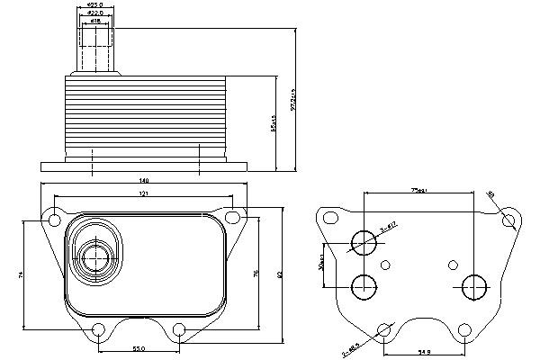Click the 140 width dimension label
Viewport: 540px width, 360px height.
click(x=145, y=182)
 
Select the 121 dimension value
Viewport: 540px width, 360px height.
click(x=144, y=194)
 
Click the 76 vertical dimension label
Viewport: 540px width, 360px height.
click(x=256, y=274)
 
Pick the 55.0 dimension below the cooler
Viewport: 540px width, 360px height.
click(x=139, y=347)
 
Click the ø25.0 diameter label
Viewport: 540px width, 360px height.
click(x=94, y=5)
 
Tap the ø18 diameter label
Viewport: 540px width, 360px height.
click(x=94, y=20)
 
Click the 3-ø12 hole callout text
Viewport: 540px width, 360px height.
click(x=388, y=230)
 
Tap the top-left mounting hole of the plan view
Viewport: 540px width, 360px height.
click(x=54, y=217)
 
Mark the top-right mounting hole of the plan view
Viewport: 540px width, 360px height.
click(x=233, y=217)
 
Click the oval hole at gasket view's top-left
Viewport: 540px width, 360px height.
click(x=331, y=219)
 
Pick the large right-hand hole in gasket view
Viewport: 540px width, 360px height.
click(x=472, y=288)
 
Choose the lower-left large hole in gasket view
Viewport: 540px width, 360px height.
click(x=364, y=287)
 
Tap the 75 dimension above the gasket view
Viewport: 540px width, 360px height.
click(x=418, y=191)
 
